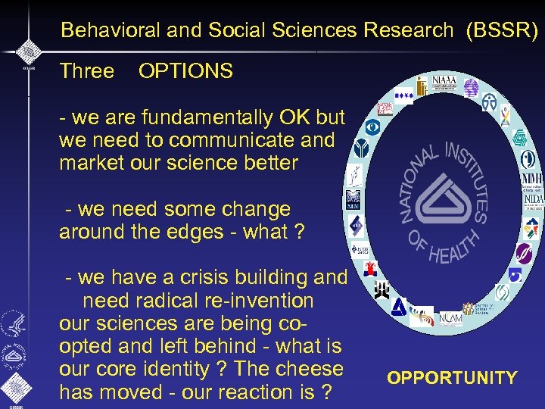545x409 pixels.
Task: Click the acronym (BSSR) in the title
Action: coord(503,30)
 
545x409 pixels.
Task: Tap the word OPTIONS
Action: coord(185,72)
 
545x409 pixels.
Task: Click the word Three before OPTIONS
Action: coord(86,72)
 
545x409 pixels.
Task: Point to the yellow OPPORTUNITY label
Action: coord(452,378)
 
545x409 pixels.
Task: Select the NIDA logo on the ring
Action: coord(534,199)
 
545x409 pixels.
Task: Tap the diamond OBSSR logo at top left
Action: coord(29,52)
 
